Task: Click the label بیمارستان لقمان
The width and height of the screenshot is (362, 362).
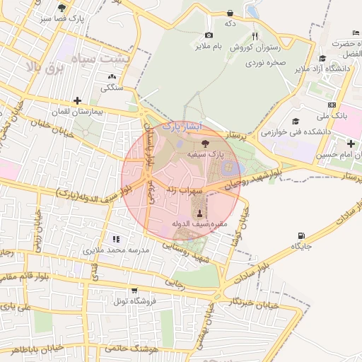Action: pyautogui.click(x=78, y=112)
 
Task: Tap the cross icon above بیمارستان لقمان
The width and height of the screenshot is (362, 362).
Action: pyautogui.click(x=77, y=101)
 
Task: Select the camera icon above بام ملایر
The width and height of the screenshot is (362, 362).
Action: pyautogui.click(x=209, y=35)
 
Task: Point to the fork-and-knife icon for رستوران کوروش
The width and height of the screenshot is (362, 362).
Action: pyautogui.click(x=255, y=37)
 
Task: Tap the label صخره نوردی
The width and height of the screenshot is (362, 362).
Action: pyautogui.click(x=265, y=62)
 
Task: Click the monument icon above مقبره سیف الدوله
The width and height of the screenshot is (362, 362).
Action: pyautogui.click(x=199, y=214)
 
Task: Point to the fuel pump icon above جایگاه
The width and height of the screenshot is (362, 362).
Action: pyautogui.click(x=303, y=235)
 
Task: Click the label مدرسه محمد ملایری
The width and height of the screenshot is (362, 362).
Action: pyautogui.click(x=116, y=250)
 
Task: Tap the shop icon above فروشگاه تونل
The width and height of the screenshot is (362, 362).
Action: pyautogui.click(x=134, y=290)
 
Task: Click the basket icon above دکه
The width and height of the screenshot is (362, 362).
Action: pyautogui.click(x=230, y=13)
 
